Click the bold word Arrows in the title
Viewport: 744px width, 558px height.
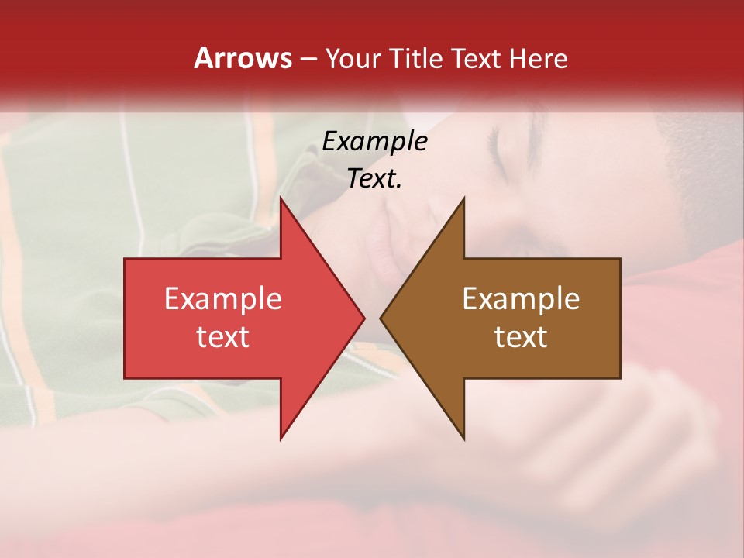pyautogui.click(x=243, y=58)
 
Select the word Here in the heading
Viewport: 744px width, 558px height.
pyautogui.click(x=538, y=58)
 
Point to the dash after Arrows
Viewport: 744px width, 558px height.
pyautogui.click(x=308, y=59)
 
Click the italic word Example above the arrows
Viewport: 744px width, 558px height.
pyautogui.click(x=374, y=141)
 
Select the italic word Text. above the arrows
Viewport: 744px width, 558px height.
pyautogui.click(x=374, y=178)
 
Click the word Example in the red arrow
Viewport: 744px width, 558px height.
pyautogui.click(x=222, y=298)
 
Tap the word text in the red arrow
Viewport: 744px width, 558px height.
pyautogui.click(x=222, y=336)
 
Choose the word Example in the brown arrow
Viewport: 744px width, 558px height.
pyautogui.click(x=521, y=298)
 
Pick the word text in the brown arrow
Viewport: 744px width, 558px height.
pyautogui.click(x=521, y=336)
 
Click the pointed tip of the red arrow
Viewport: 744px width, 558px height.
pyautogui.click(x=363, y=318)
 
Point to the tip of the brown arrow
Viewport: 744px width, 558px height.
pyautogui.click(x=382, y=318)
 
